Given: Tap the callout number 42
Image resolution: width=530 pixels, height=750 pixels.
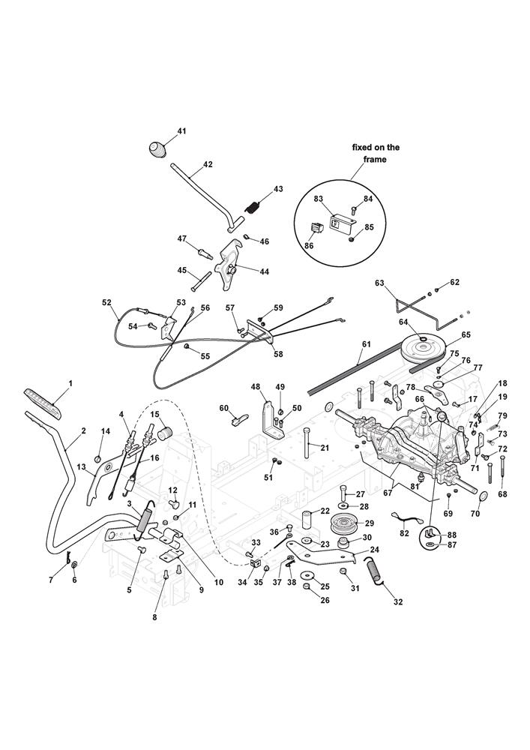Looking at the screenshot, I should tap(208, 165).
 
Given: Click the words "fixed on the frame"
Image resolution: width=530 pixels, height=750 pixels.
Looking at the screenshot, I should tap(376, 154).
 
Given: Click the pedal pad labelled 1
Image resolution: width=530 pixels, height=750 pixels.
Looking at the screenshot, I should tap(43, 403).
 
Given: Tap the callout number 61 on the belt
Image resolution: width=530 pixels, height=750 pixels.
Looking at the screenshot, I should tap(365, 344).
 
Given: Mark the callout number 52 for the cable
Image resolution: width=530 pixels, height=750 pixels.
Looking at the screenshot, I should tap(106, 303).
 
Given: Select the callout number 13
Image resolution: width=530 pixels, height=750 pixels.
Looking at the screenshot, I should tap(81, 466).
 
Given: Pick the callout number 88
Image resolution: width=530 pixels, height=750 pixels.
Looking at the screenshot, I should tap(451, 534).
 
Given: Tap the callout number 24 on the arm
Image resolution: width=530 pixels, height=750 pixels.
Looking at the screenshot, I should tap(374, 549).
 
